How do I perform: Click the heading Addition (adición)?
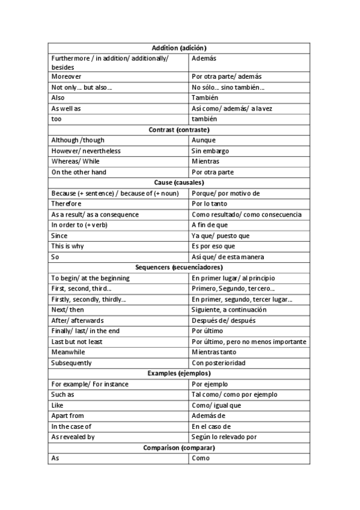point(179,48)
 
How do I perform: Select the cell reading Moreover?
point(66,77)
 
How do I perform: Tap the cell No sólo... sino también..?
point(228,87)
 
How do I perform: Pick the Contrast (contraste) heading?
point(179,129)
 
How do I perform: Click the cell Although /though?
point(78,140)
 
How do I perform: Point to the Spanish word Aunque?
point(204,140)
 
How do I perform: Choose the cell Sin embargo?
point(210,151)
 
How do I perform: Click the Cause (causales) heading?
point(179,182)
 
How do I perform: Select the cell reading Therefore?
point(66,204)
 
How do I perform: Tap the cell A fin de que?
point(209,225)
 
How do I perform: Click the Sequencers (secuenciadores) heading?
point(179,267)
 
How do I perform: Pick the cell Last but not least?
point(76,342)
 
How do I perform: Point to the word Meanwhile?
point(68,352)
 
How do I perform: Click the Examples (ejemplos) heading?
point(179,373)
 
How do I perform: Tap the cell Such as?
point(63,395)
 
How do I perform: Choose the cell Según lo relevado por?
point(224,437)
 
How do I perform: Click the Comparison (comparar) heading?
point(179,447)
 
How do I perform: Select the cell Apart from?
point(67,416)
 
